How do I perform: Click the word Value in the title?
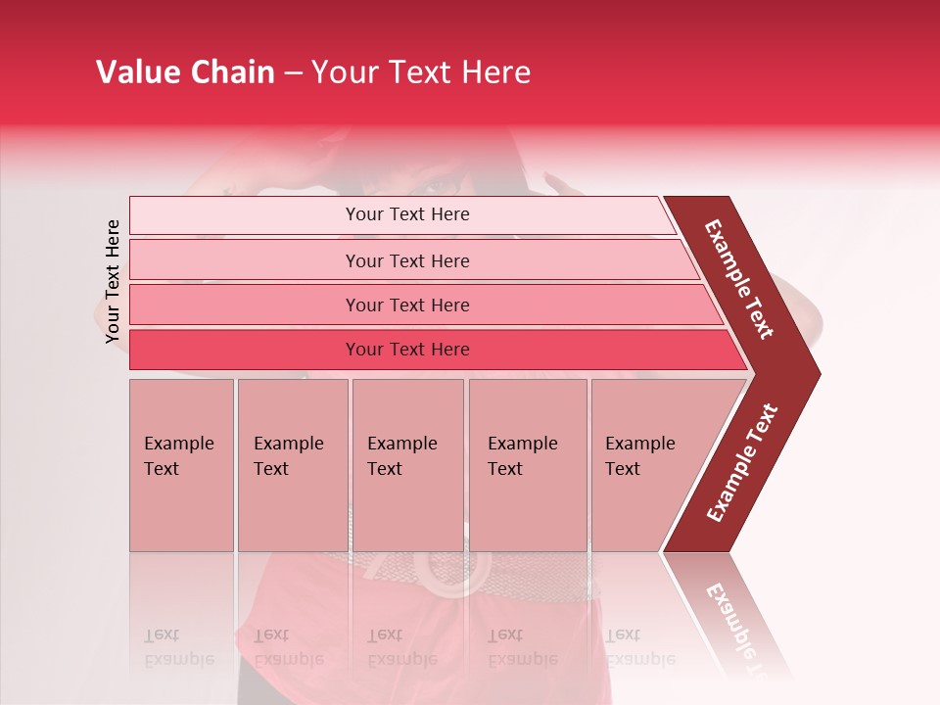click(x=135, y=72)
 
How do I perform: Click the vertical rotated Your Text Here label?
click(x=113, y=281)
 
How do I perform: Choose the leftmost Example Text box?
click(x=181, y=465)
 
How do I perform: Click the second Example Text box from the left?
click(x=292, y=465)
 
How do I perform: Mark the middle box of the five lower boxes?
click(x=407, y=465)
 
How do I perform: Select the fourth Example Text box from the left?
click(x=527, y=465)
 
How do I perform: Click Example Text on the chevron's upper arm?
click(x=739, y=279)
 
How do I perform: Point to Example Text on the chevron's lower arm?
click(x=742, y=462)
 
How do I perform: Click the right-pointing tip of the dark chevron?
click(x=815, y=374)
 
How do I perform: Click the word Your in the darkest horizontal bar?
click(x=364, y=350)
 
